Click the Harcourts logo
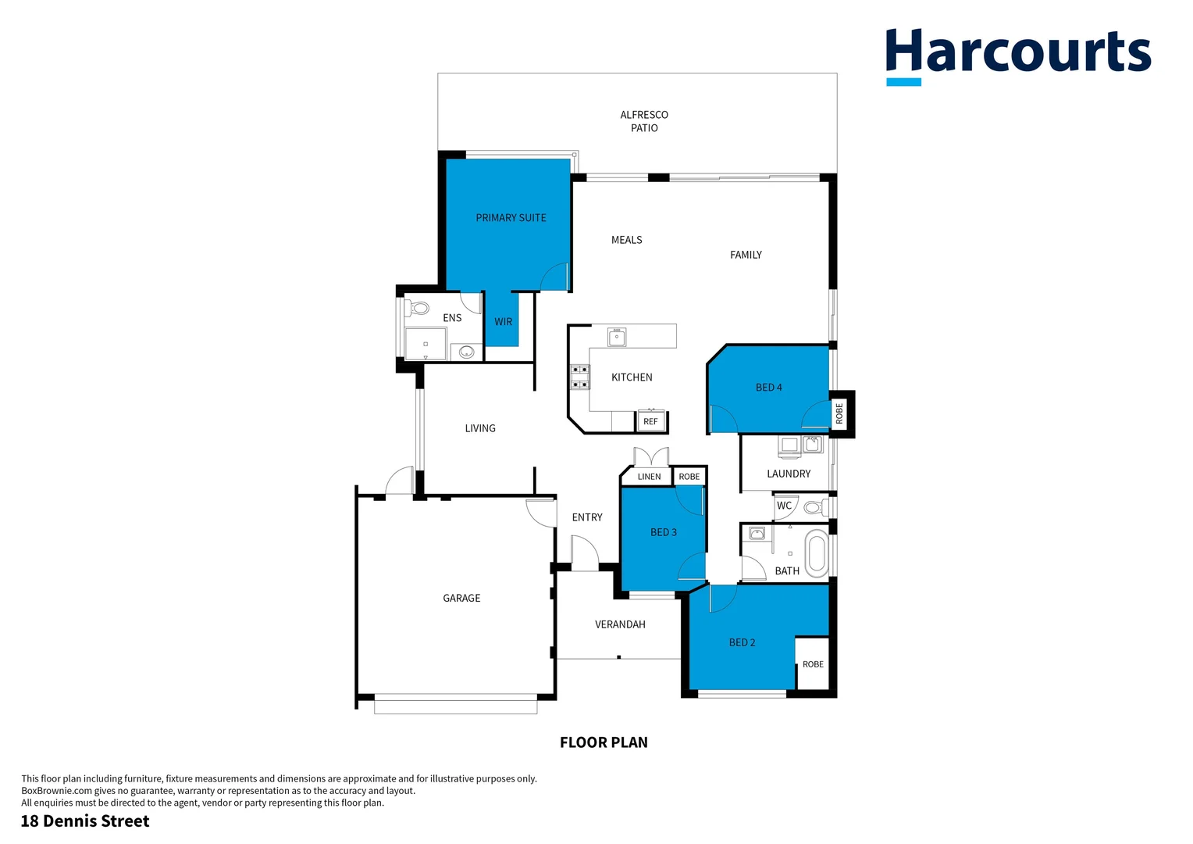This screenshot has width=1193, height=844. tap(1017, 55)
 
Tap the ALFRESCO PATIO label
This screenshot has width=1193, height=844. tap(644, 121)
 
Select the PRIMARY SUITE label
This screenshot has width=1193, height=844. tap(511, 218)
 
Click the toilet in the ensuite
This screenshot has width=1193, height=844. tap(418, 308)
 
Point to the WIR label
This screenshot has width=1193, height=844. tap(503, 322)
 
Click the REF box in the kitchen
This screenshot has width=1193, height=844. tap(650, 421)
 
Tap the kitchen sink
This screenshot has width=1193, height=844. tap(617, 338)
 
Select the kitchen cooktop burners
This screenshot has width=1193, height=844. tap(579, 377)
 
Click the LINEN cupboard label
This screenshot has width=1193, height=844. tap(649, 477)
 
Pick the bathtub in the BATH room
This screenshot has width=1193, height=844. tap(816, 553)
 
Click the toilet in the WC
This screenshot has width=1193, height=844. tap(814, 507)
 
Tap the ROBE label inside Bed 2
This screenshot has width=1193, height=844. tap(813, 664)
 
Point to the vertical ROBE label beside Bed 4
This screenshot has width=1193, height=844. tap(839, 413)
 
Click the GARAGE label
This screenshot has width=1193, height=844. tap(461, 599)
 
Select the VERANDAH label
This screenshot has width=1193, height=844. tap(620, 624)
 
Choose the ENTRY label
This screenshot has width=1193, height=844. tap(587, 517)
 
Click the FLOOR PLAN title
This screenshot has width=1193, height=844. tap(604, 742)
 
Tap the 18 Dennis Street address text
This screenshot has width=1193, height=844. tap(85, 821)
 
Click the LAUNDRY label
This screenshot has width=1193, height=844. tap(789, 474)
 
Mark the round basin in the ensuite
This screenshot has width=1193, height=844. tap(467, 352)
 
